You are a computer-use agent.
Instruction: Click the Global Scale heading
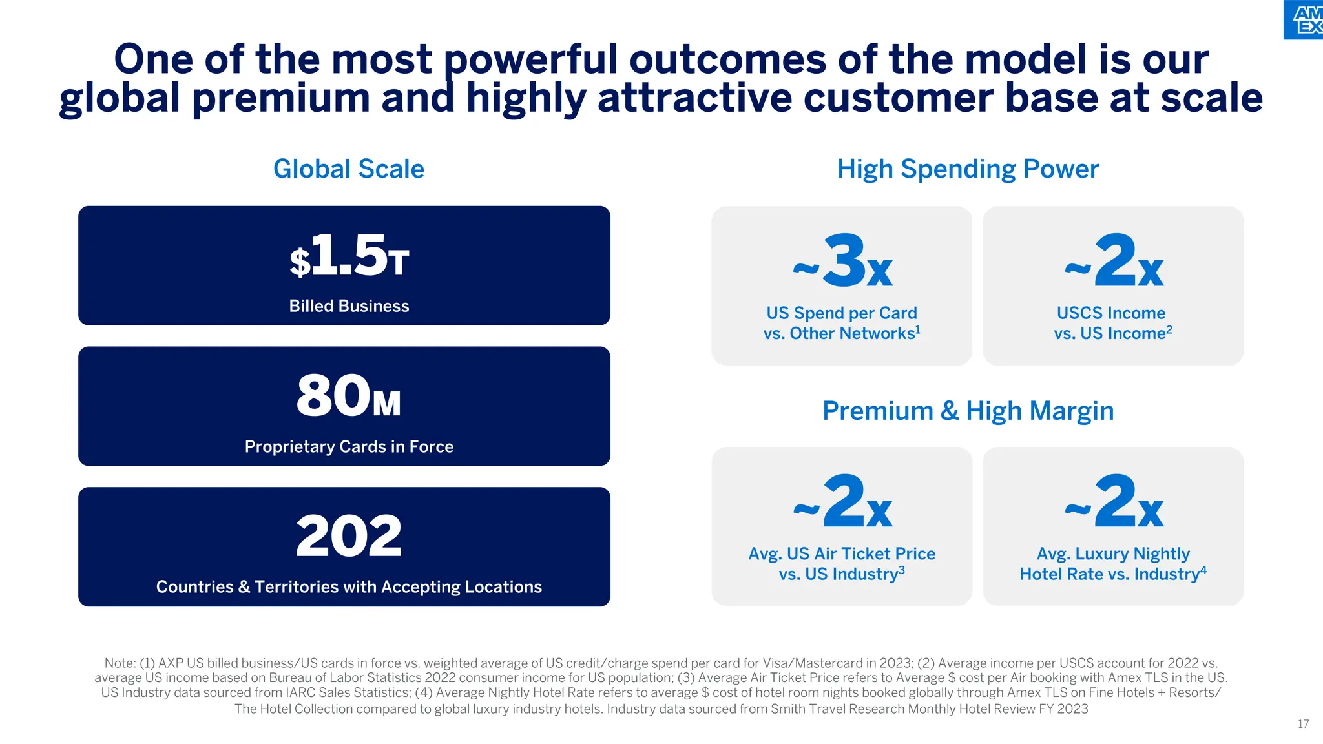pyautogui.click(x=349, y=169)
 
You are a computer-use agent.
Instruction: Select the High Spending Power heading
pyautogui.click(x=968, y=169)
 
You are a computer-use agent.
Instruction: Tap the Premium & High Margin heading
pyautogui.click(x=968, y=411)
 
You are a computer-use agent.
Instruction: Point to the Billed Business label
pyautogui.click(x=349, y=306)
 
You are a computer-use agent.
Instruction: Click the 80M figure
pyautogui.click(x=349, y=397)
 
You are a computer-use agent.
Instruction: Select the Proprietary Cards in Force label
pyautogui.click(x=349, y=447)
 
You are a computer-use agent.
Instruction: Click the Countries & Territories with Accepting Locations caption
pyautogui.click(x=349, y=587)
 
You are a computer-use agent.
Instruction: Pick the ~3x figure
pyautogui.click(x=842, y=262)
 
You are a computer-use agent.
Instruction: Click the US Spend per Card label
pyautogui.click(x=842, y=313)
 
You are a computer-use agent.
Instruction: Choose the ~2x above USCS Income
pyautogui.click(x=1114, y=262)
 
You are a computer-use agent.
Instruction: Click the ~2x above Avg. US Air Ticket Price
pyautogui.click(x=842, y=502)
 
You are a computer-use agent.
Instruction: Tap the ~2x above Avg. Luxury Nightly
pyautogui.click(x=1114, y=502)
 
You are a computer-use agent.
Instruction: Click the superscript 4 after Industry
pyautogui.click(x=1203, y=570)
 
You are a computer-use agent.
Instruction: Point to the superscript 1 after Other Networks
pyautogui.click(x=918, y=329)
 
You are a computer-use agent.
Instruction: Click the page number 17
pyautogui.click(x=1303, y=724)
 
